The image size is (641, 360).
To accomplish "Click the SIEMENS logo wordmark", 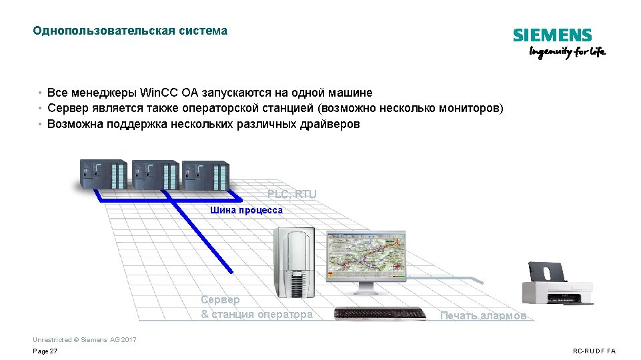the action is [x=552, y=35].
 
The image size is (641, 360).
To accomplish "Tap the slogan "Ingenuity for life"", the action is [x=567, y=53].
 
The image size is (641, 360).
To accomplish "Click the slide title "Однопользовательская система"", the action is [x=130, y=31].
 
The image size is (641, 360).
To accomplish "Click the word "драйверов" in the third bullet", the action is [x=330, y=124].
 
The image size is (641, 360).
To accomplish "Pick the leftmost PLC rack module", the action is [x=102, y=175].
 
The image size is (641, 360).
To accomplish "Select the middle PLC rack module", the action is [x=154, y=175].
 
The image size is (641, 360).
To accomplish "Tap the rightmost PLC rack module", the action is [x=205, y=175].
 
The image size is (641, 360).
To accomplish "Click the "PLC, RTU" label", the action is [x=292, y=194].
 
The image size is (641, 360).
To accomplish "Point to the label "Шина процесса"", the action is [x=246, y=210].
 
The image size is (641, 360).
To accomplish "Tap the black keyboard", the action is [x=380, y=313].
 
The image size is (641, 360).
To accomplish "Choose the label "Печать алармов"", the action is [x=483, y=315].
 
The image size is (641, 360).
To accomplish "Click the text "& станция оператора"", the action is [x=257, y=314].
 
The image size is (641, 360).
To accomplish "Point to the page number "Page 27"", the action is [x=45, y=351].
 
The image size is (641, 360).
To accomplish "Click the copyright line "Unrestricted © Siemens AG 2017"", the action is [x=85, y=340].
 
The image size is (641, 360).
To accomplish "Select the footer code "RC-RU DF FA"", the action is [x=594, y=351].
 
